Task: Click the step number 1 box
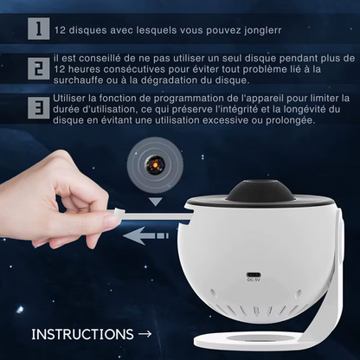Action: point(39,29)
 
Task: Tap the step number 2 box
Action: point(39,68)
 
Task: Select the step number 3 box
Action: point(39,108)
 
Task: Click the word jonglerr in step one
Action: point(262,30)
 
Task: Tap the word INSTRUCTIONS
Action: point(82,334)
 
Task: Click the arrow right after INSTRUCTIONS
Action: point(145,334)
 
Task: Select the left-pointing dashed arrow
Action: point(145,235)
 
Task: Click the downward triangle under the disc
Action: point(156,202)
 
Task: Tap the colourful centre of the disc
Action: point(155,165)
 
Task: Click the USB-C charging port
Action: point(254,274)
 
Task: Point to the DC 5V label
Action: point(254,280)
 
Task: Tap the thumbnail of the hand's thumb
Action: point(112,221)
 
